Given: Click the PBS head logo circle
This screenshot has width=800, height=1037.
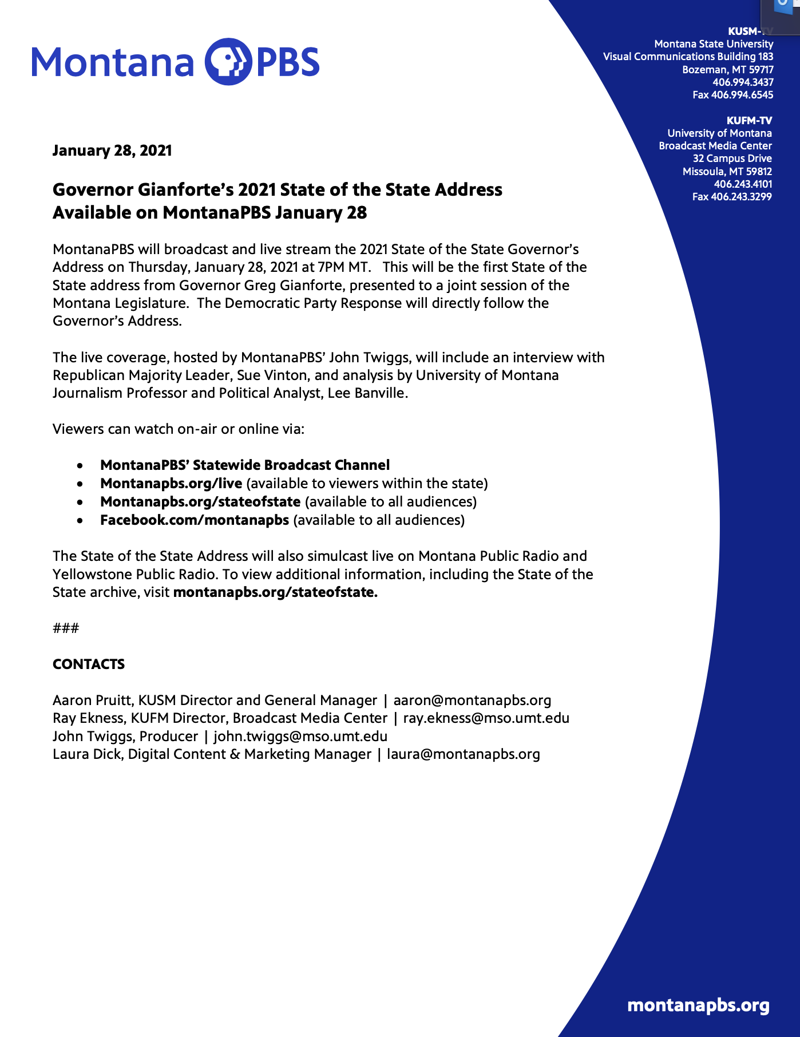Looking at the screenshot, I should point(228,62).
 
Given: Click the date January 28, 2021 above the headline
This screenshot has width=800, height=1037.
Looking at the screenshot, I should point(112,151).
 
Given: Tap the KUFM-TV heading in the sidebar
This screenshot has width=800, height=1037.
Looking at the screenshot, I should point(748,121).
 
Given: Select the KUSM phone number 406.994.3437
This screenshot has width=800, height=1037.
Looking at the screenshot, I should point(743,82).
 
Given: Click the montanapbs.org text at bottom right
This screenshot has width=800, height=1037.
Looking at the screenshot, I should point(698,1006).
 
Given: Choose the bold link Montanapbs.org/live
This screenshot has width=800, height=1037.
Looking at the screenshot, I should point(171,484).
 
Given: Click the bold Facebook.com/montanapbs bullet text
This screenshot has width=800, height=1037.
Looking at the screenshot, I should point(195,520).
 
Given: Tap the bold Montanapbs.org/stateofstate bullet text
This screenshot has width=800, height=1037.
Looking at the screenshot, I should point(200,502).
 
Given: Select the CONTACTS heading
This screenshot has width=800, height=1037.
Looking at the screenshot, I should point(89,664).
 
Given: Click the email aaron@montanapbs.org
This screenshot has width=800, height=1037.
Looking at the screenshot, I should point(472,700).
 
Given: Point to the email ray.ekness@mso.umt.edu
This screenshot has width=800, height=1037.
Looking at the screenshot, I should point(486,718).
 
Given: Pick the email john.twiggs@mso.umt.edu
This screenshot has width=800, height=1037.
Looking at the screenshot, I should point(300,737).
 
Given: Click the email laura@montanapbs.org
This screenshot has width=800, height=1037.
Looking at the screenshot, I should point(463,754).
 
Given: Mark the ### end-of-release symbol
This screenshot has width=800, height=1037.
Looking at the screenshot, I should point(66,628).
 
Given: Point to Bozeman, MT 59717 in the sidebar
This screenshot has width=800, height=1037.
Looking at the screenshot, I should point(727,70).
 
